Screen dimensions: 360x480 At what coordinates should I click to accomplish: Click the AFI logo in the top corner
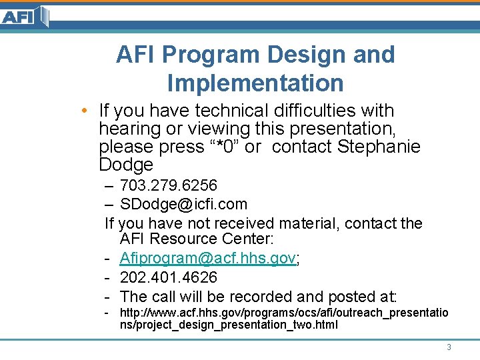25,16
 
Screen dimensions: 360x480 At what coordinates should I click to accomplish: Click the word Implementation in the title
255,83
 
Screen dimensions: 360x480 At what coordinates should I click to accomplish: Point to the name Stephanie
379,147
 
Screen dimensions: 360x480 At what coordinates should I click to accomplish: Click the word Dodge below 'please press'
126,165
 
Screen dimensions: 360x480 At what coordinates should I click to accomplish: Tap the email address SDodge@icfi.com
183,204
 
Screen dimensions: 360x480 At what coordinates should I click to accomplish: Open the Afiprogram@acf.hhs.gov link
207,259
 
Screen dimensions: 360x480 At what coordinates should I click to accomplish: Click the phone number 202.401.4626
169,277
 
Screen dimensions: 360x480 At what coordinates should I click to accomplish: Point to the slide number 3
449,347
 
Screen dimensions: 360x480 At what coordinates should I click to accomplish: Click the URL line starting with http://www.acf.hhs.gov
283,313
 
